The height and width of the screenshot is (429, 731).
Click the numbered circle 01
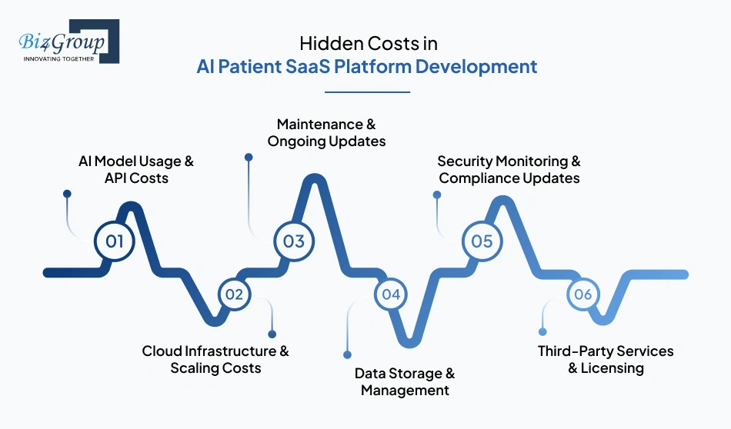(x=114, y=241)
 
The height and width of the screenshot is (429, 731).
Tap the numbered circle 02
(x=234, y=294)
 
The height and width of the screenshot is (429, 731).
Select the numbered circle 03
(x=293, y=241)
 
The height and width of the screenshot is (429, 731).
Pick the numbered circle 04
(x=391, y=294)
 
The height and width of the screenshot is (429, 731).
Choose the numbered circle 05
(x=482, y=241)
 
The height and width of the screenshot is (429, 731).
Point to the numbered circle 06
(x=582, y=294)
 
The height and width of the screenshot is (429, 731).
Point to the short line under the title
(x=367, y=92)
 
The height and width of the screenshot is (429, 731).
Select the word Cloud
(x=162, y=351)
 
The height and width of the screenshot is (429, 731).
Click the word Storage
(x=420, y=374)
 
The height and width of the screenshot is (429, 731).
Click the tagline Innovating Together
(x=58, y=58)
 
